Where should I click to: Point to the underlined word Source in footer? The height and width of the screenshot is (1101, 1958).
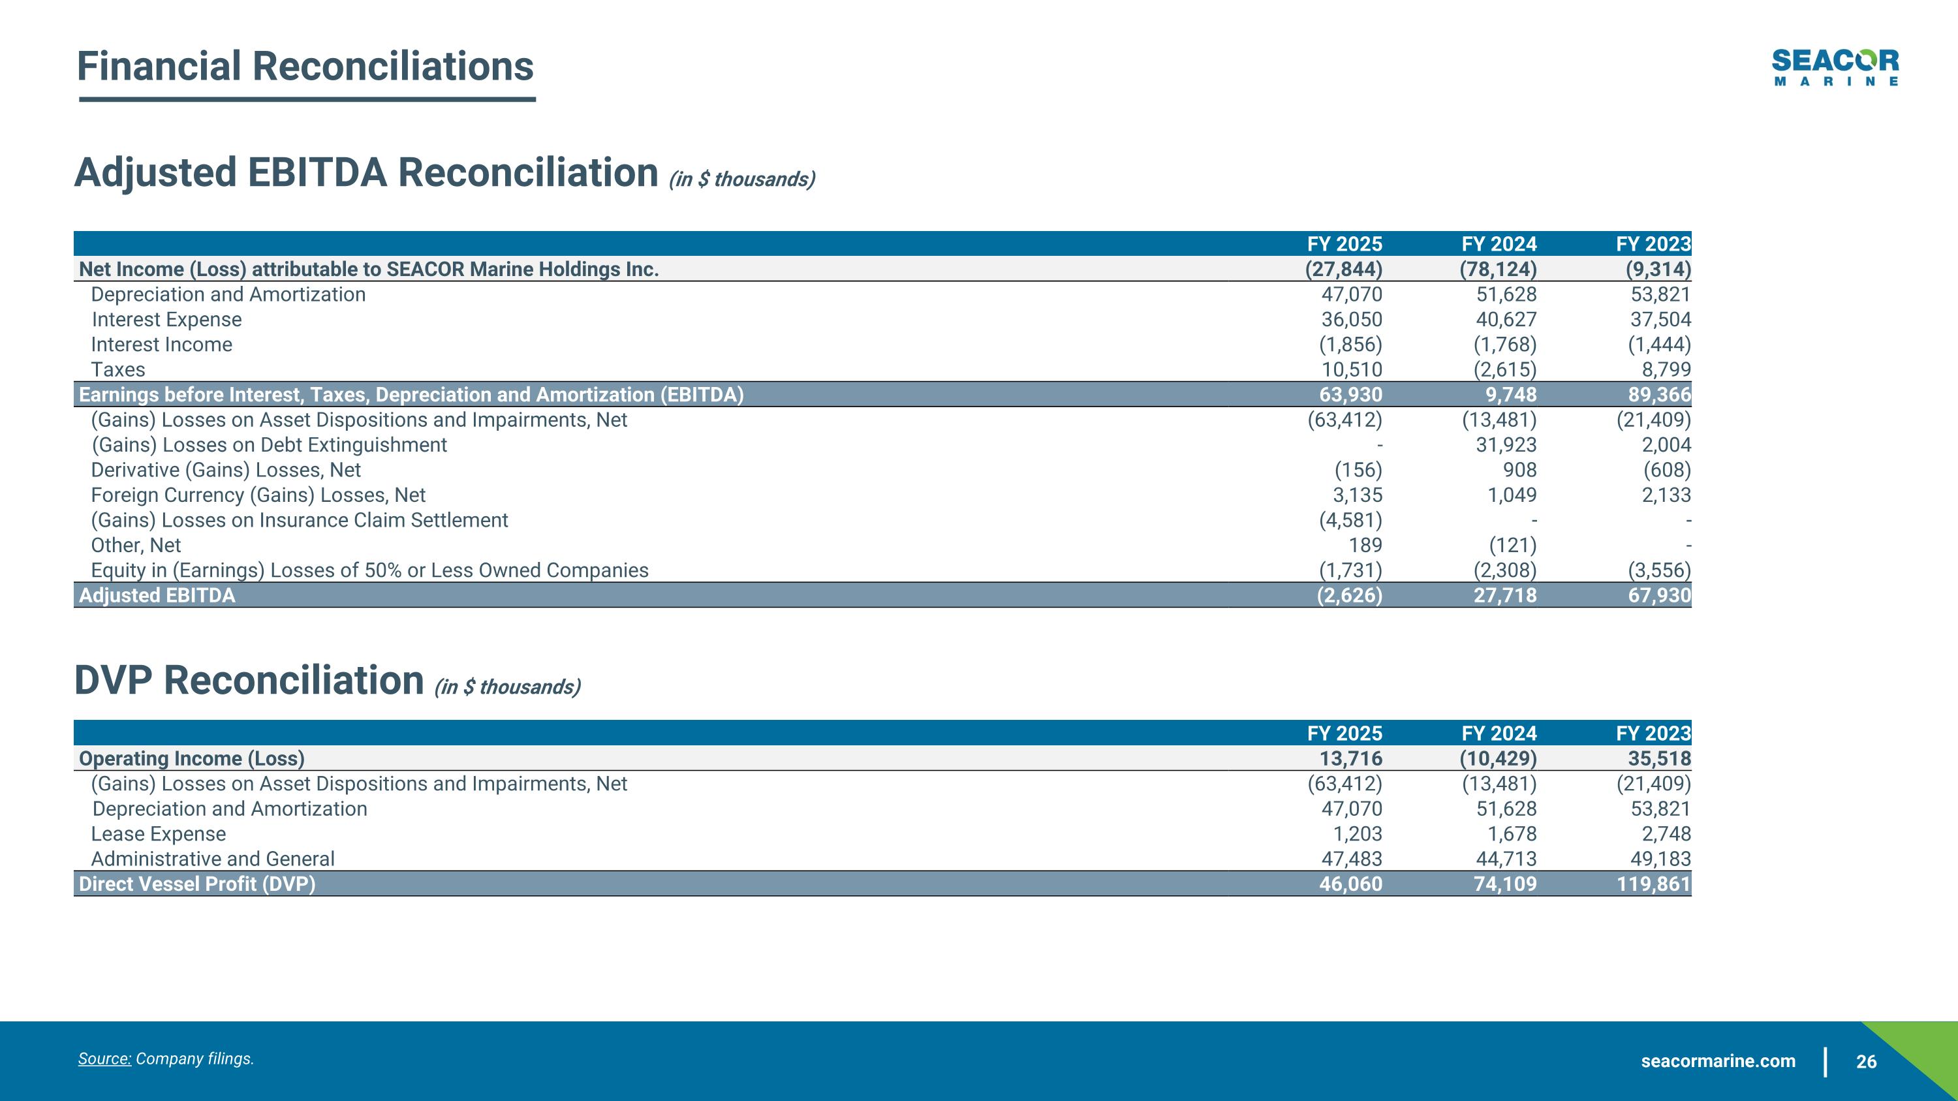click(105, 1059)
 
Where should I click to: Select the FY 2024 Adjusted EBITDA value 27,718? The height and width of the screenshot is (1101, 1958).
click(1504, 595)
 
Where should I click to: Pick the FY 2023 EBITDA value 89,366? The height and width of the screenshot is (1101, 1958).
click(1660, 394)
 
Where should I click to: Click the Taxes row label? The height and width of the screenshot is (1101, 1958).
click(118, 369)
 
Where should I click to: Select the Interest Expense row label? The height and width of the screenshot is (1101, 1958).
click(166, 319)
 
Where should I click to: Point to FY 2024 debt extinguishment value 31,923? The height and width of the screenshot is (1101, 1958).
click(1506, 444)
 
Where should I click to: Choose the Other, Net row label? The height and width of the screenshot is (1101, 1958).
click(136, 545)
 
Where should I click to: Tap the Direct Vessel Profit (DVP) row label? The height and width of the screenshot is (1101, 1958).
click(197, 884)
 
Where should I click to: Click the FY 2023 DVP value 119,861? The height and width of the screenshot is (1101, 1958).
click(1653, 884)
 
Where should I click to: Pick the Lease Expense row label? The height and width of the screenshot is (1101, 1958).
click(158, 833)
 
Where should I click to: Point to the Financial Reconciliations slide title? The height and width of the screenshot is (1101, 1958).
click(305, 66)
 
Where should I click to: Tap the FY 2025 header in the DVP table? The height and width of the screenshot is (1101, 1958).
click(1344, 734)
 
